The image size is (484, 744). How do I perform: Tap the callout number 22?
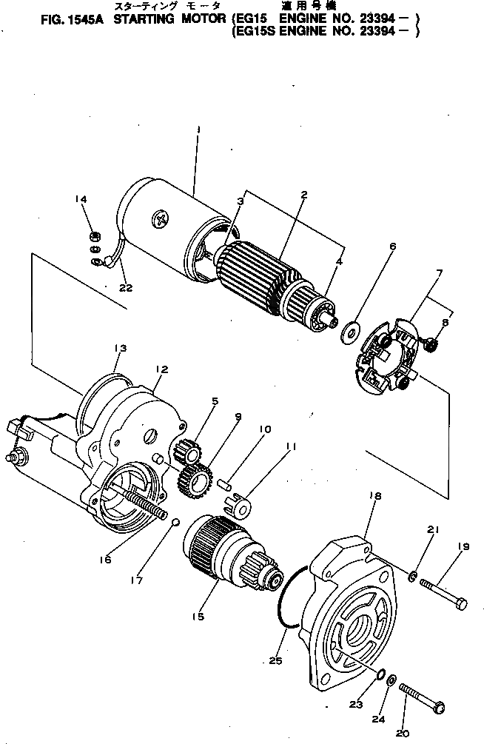(126, 287)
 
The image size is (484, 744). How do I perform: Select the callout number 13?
(120, 348)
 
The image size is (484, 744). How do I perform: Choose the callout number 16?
(106, 560)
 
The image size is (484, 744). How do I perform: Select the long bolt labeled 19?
(443, 594)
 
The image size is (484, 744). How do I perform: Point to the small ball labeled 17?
(175, 523)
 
